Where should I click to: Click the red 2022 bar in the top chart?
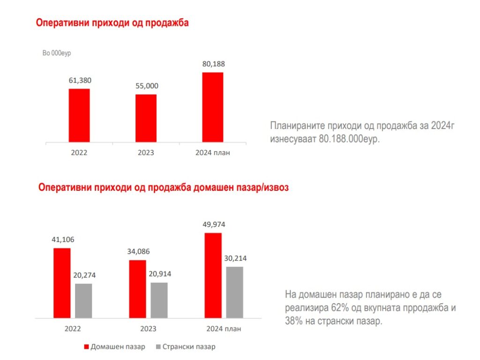click(79, 115)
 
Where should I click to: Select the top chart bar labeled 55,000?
click(146, 118)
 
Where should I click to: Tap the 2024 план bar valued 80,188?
click(213, 107)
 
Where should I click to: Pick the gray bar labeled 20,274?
click(83, 300)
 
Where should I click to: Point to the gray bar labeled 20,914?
click(159, 300)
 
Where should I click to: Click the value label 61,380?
click(80, 80)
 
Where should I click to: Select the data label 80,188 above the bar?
click(213, 64)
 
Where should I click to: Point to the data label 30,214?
click(235, 258)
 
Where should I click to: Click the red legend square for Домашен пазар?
click(86, 347)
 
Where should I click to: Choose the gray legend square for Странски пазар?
click(158, 347)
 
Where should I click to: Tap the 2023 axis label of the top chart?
click(146, 153)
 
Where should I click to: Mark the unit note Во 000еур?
click(56, 53)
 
